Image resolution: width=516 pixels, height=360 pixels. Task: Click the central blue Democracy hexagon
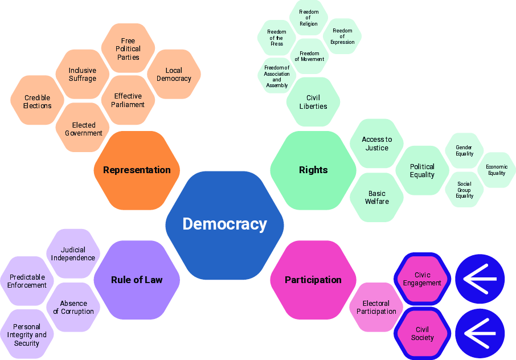point(224,225)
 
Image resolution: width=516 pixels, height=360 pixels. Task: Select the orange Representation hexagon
point(137,170)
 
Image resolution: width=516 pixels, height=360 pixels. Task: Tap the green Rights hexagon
point(313,170)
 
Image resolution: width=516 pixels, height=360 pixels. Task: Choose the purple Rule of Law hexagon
point(137,280)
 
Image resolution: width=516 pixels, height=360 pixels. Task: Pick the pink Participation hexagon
point(313,280)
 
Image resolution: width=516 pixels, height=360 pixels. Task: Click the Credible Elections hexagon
point(37,100)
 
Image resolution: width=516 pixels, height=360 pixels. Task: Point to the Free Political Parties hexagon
point(128,48)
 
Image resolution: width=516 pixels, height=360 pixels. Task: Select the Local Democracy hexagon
point(174,74)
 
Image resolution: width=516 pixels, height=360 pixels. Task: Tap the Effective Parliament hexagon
point(128,100)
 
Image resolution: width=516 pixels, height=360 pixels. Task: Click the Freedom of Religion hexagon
point(309,18)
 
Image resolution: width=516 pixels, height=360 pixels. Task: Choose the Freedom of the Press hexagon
point(277,38)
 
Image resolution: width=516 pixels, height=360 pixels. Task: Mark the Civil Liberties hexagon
point(313,102)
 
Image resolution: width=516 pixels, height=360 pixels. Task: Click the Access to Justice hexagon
point(377,144)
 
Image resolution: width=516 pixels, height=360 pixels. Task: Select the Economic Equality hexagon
point(497,170)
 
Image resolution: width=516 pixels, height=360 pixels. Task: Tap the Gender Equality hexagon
point(464,150)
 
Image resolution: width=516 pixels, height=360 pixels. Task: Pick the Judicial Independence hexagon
point(73,253)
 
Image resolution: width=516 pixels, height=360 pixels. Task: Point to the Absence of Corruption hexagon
point(73,307)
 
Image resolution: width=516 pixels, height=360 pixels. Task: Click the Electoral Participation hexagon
point(376,307)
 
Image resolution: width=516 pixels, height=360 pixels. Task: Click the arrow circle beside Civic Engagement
point(480,279)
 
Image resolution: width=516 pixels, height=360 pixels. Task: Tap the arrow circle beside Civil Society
point(480,333)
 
